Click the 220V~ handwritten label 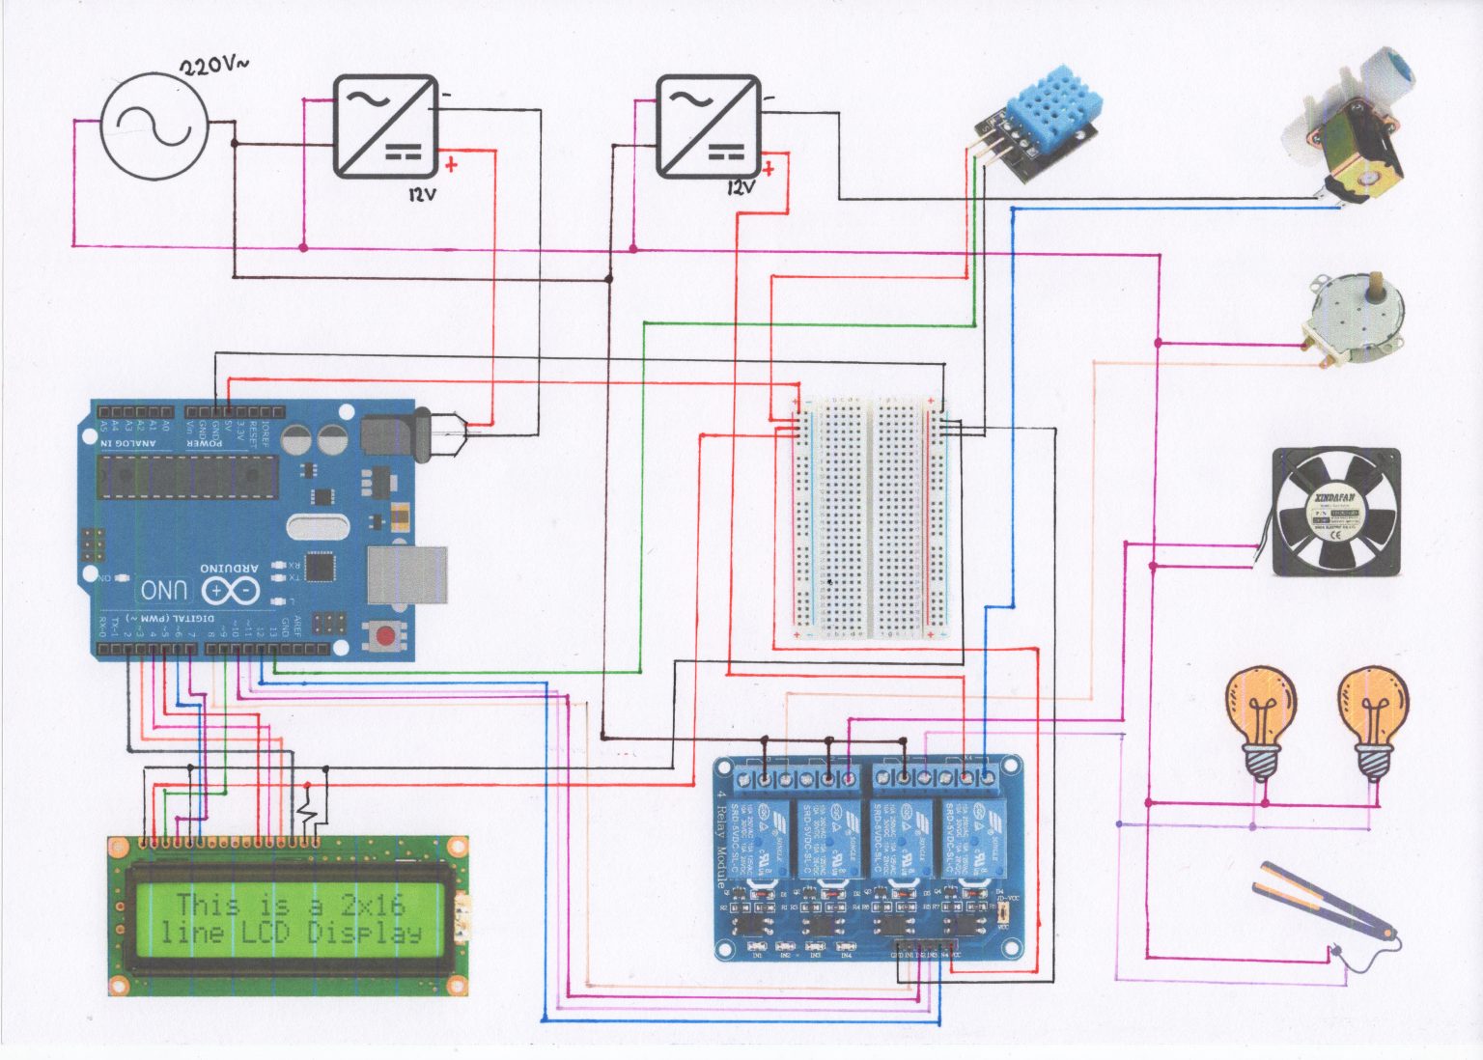click(x=213, y=66)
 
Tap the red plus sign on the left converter click(x=451, y=165)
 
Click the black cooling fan click(x=1335, y=512)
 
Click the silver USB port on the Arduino click(x=406, y=574)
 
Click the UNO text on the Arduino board click(x=164, y=590)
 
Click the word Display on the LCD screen click(x=364, y=934)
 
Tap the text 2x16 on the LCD click(x=372, y=905)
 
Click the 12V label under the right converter click(x=741, y=187)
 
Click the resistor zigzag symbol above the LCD click(x=308, y=807)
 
